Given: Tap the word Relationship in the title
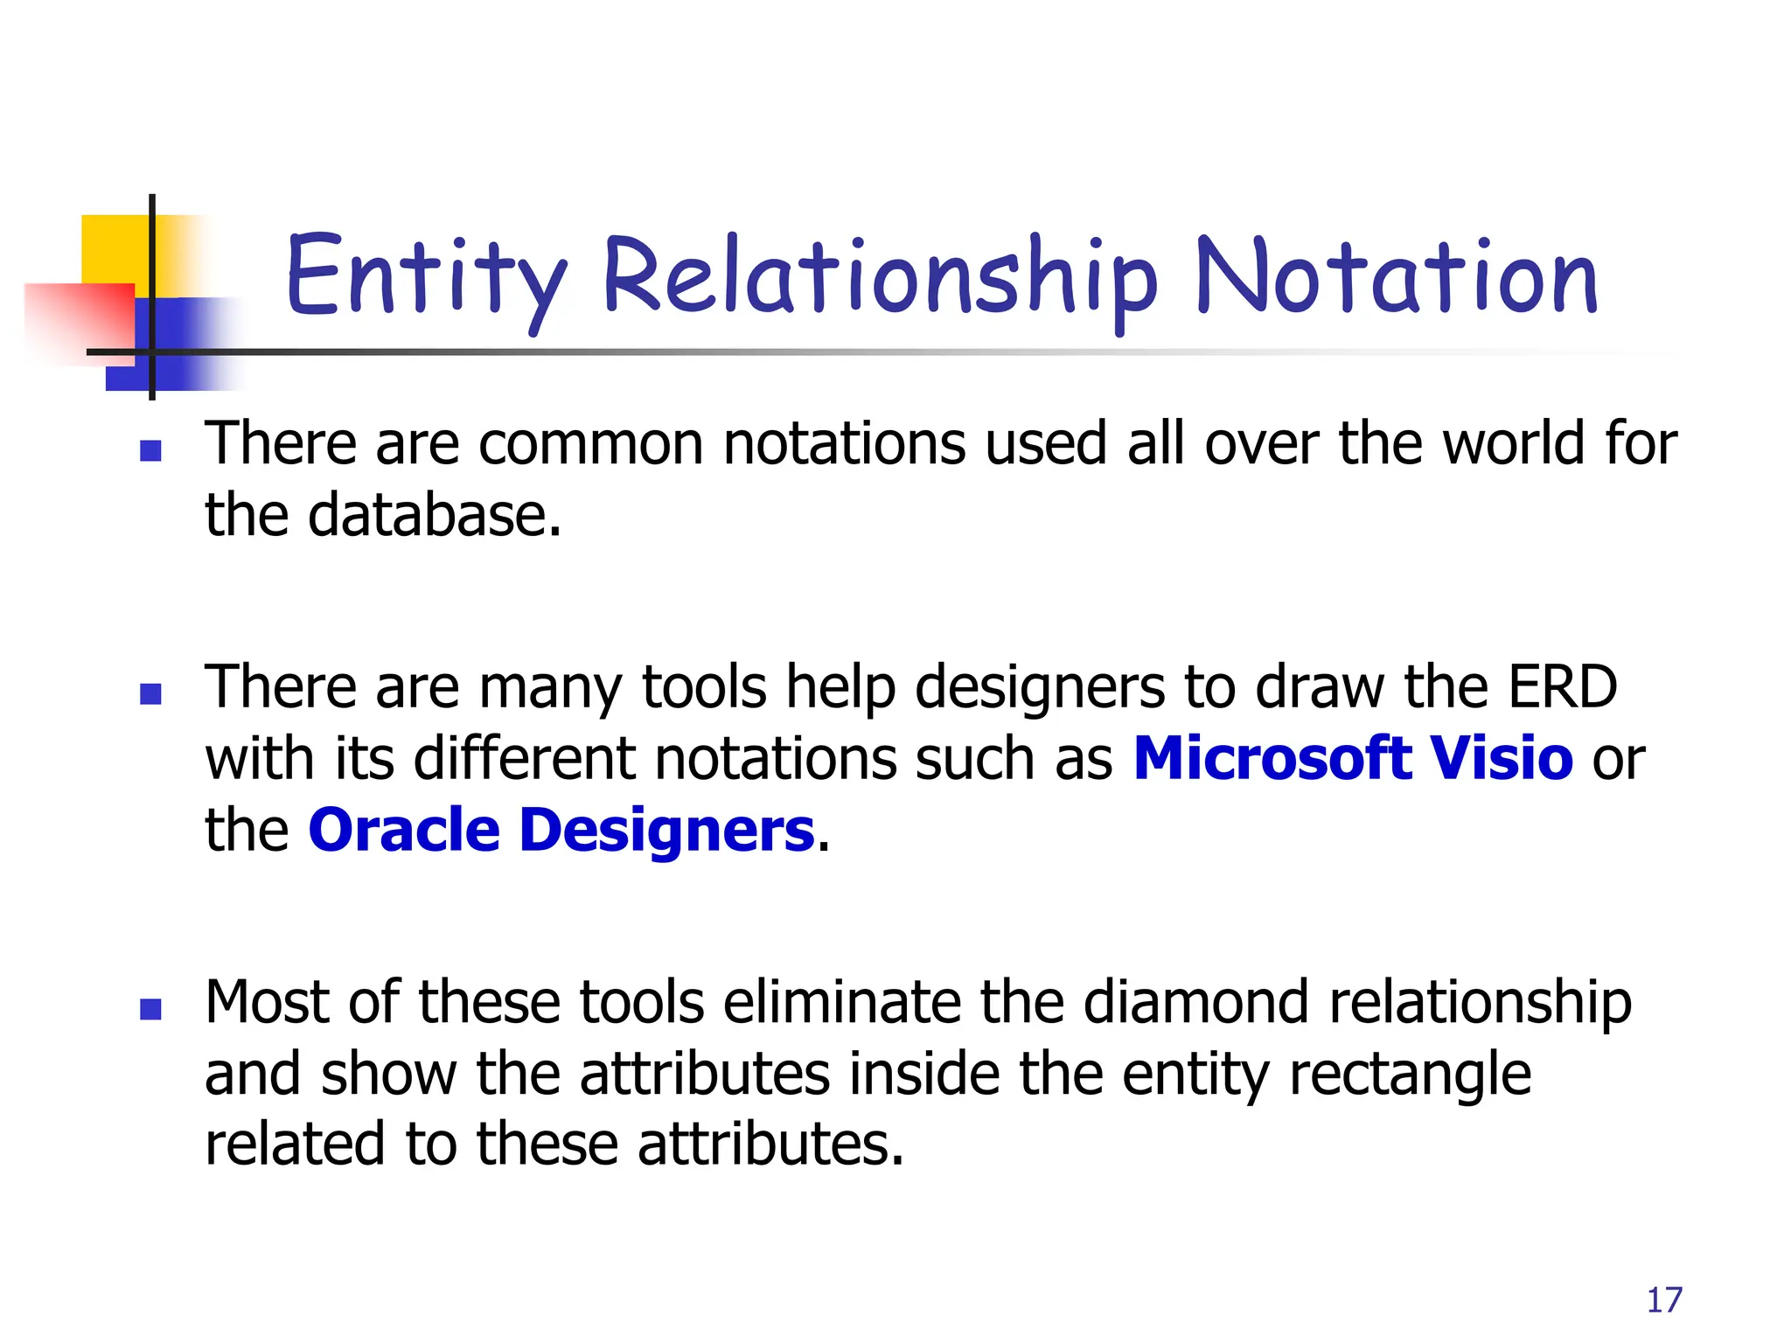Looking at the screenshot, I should pyautogui.click(x=879, y=278).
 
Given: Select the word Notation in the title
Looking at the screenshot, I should pyautogui.click(x=1397, y=278).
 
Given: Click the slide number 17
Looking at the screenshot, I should pyautogui.click(x=1664, y=1300).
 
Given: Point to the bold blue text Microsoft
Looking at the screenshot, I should pyautogui.click(x=1272, y=758).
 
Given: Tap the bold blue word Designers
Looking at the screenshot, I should pyautogui.click(x=667, y=832).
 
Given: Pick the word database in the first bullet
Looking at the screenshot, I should pyautogui.click(x=434, y=515).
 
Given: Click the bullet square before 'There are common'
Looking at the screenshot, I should pyautogui.click(x=150, y=450).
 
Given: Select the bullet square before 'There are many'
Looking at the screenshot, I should pyautogui.click(x=150, y=694).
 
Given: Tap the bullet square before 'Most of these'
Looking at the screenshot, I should pyautogui.click(x=150, y=1010).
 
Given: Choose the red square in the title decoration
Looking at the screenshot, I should pyautogui.click(x=79, y=319).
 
